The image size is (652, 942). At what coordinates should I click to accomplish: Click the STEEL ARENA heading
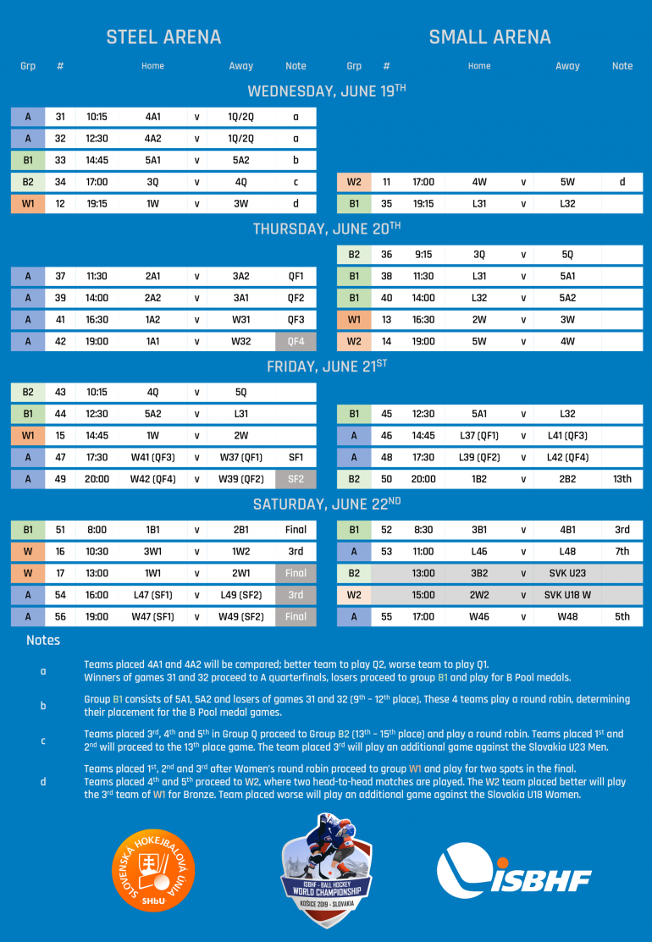point(163,37)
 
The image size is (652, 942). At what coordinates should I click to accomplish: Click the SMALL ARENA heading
point(489,37)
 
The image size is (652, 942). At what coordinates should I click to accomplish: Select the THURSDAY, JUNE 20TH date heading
point(326,229)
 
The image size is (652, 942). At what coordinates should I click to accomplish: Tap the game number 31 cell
point(60,117)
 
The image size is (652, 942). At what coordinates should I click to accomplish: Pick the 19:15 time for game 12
point(97,204)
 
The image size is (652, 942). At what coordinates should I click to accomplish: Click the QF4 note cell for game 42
point(296,341)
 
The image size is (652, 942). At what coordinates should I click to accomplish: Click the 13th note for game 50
point(622,479)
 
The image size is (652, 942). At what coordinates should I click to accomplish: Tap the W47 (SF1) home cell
point(152,617)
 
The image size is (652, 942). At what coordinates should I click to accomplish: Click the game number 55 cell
point(386,617)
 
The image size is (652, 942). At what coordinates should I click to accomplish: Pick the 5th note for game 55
point(622,617)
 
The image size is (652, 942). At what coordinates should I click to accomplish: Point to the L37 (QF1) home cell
point(479,435)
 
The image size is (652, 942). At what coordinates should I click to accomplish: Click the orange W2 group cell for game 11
point(354,182)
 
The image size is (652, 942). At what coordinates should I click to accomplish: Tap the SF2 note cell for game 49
point(296,479)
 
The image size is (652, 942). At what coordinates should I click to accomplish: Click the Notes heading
point(43,641)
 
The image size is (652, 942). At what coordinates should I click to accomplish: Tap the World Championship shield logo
point(326,870)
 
